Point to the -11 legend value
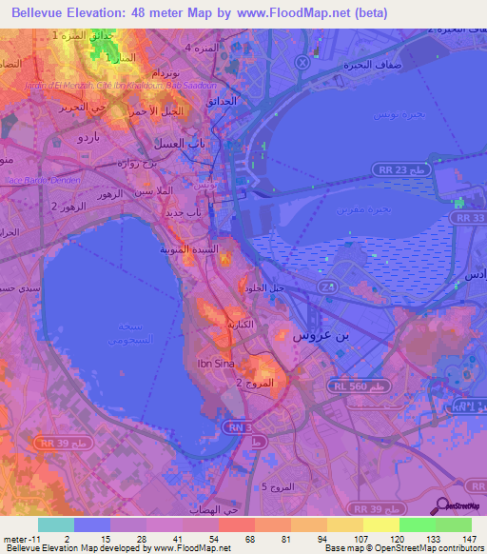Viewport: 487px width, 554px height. [x=20, y=539]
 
